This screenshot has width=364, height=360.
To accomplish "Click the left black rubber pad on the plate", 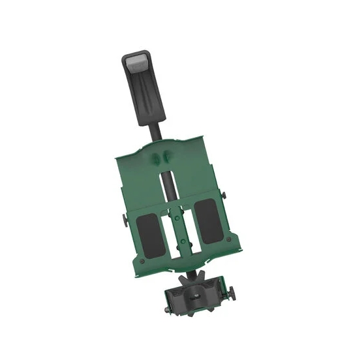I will tap(151, 233).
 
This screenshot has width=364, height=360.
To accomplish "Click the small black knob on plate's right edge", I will tap(224, 194).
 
